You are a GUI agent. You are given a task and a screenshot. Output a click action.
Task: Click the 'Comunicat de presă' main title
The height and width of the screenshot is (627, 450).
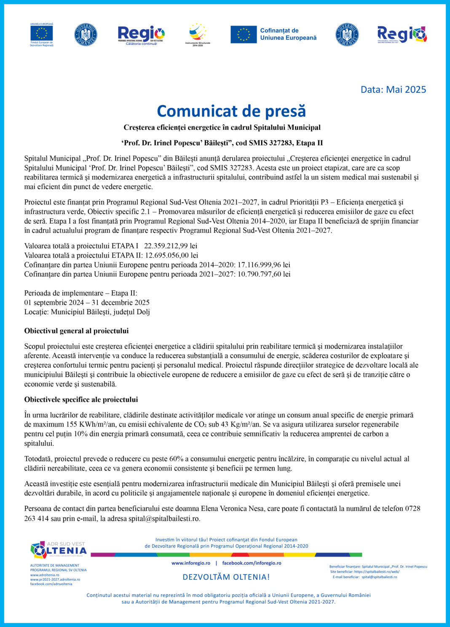(x=231, y=111)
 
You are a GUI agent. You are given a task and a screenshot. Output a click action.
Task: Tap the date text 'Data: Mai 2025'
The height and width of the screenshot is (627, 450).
(x=393, y=89)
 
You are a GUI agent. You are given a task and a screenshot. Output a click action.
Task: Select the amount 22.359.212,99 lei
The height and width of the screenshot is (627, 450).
(x=171, y=246)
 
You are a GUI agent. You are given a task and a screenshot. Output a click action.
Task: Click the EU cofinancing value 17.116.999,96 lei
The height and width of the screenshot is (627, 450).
(x=264, y=265)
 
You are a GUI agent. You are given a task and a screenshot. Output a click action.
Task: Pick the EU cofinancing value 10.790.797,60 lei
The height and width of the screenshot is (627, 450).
(x=264, y=274)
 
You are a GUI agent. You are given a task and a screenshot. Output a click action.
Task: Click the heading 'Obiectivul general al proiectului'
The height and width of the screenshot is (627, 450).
(x=76, y=331)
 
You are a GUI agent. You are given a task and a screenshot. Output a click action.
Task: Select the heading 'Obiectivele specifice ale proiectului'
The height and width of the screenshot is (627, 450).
(x=81, y=400)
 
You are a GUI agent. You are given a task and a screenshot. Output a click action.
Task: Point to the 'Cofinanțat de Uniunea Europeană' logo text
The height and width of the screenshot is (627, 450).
(x=288, y=34)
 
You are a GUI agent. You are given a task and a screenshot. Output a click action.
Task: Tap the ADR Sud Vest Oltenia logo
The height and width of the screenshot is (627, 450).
(x=58, y=550)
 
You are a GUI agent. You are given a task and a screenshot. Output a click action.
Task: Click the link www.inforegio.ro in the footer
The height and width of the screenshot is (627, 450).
(x=190, y=563)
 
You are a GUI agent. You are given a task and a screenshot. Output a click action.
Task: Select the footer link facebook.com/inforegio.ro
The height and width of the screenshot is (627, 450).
(x=252, y=563)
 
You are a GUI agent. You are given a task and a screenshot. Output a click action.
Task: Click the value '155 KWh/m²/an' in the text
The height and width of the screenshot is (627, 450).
(x=86, y=425)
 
